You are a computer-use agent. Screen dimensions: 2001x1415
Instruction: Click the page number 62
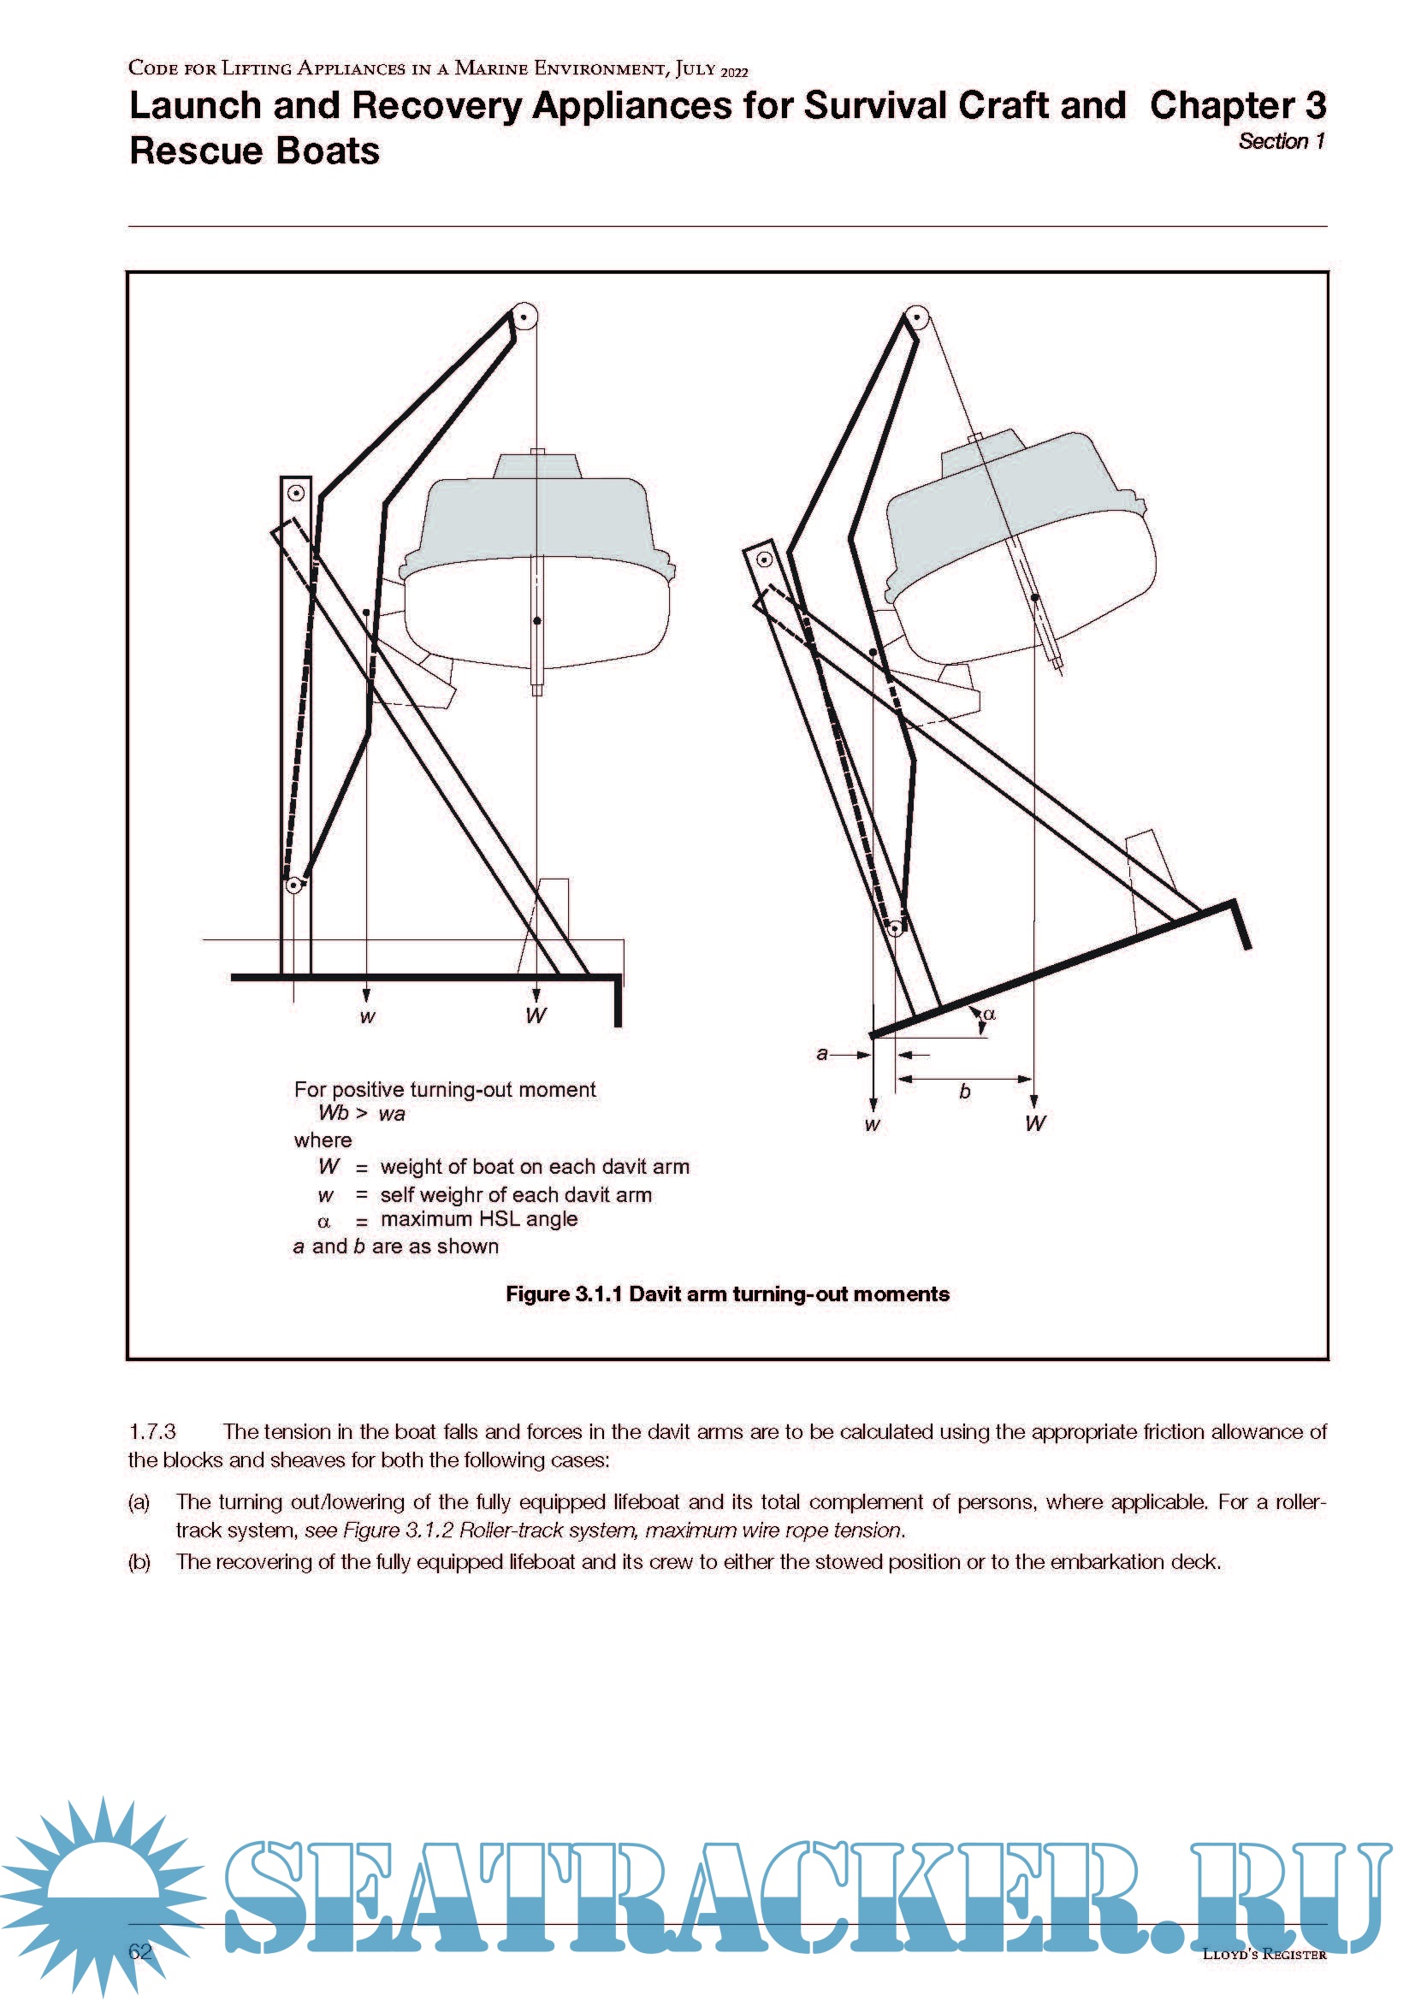(139, 1951)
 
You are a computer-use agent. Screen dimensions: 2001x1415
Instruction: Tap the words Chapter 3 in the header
(1236, 105)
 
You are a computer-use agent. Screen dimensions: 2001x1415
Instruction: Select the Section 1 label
(1281, 141)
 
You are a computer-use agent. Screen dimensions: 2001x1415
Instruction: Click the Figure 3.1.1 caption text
(726, 1294)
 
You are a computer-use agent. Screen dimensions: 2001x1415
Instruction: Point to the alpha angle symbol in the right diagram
(989, 1014)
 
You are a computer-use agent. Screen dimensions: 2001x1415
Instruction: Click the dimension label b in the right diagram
(964, 1091)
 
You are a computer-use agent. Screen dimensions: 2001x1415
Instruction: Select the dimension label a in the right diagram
(821, 1053)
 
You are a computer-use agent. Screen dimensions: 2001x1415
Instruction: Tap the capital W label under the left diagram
(536, 1015)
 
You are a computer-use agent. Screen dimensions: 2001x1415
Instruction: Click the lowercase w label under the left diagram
(368, 1017)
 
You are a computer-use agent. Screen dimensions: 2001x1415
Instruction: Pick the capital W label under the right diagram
(1035, 1123)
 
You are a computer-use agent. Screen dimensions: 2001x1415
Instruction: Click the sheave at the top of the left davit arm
(524, 316)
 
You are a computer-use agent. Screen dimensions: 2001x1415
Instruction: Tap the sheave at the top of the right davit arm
(915, 318)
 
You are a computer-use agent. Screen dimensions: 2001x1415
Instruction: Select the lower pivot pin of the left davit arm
(294, 885)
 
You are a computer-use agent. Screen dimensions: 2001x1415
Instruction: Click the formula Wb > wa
(362, 1113)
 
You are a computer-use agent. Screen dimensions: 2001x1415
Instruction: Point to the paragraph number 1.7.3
(152, 1431)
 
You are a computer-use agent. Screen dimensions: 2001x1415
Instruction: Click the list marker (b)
(139, 1561)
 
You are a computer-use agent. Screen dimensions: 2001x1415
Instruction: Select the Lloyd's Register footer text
(1264, 1954)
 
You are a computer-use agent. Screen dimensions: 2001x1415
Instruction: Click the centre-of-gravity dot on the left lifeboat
(536, 620)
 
